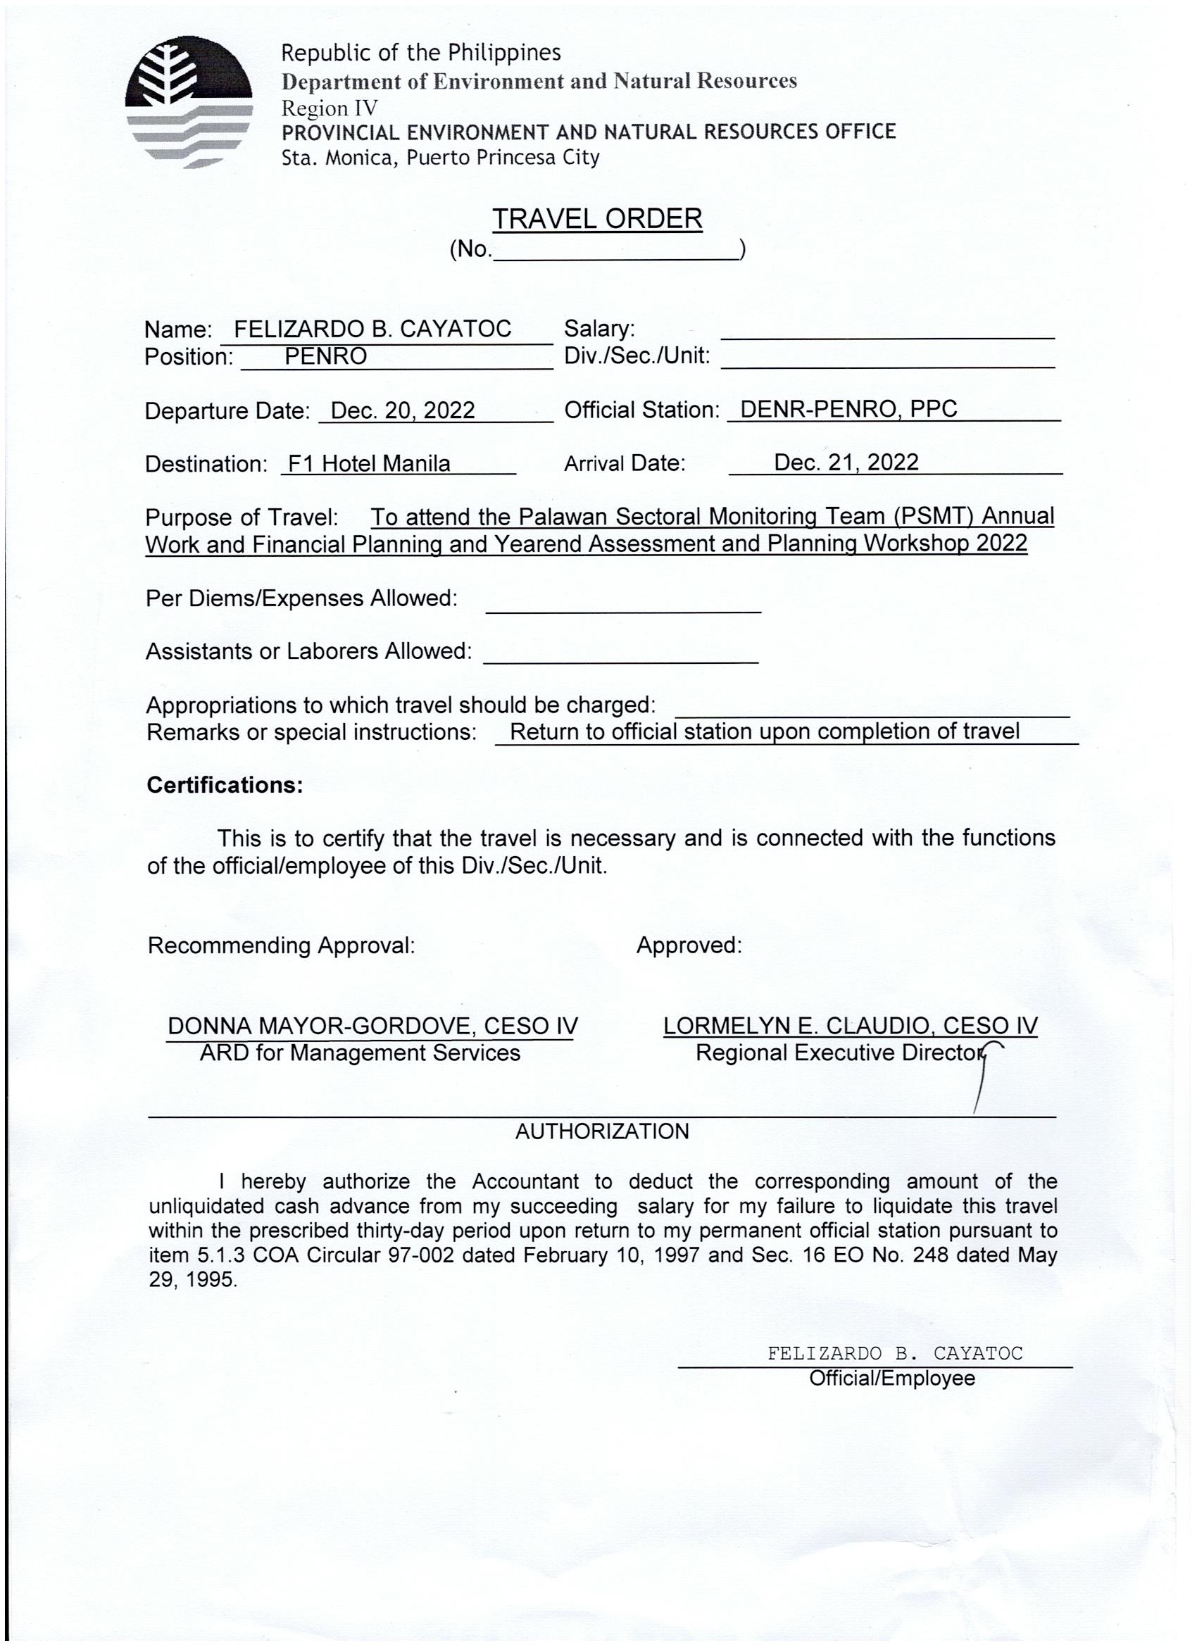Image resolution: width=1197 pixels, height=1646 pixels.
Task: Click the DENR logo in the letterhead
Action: (x=188, y=101)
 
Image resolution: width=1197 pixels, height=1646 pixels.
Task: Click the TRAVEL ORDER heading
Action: (x=596, y=218)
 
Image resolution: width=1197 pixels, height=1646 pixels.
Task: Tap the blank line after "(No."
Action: (x=615, y=252)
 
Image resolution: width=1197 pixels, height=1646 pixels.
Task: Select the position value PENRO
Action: (x=325, y=356)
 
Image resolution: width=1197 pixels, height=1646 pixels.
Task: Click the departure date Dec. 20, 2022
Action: (x=402, y=410)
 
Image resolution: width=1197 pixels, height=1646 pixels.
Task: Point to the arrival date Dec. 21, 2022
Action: (x=846, y=463)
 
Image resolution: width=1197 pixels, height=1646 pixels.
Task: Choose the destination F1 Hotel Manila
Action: (x=369, y=463)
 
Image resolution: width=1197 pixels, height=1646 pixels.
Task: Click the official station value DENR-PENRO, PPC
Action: (x=848, y=408)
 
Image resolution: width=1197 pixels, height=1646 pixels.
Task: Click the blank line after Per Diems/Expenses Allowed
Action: (x=623, y=607)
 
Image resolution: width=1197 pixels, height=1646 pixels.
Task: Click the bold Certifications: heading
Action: (x=225, y=785)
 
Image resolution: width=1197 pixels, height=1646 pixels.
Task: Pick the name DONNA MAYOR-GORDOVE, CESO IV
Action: (x=372, y=1026)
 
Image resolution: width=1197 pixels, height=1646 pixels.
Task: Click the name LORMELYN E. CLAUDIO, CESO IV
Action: (x=850, y=1026)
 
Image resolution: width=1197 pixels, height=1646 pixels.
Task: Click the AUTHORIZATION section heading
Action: (x=602, y=1131)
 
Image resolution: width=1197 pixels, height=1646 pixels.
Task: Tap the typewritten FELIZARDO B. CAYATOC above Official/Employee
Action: (x=894, y=1354)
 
